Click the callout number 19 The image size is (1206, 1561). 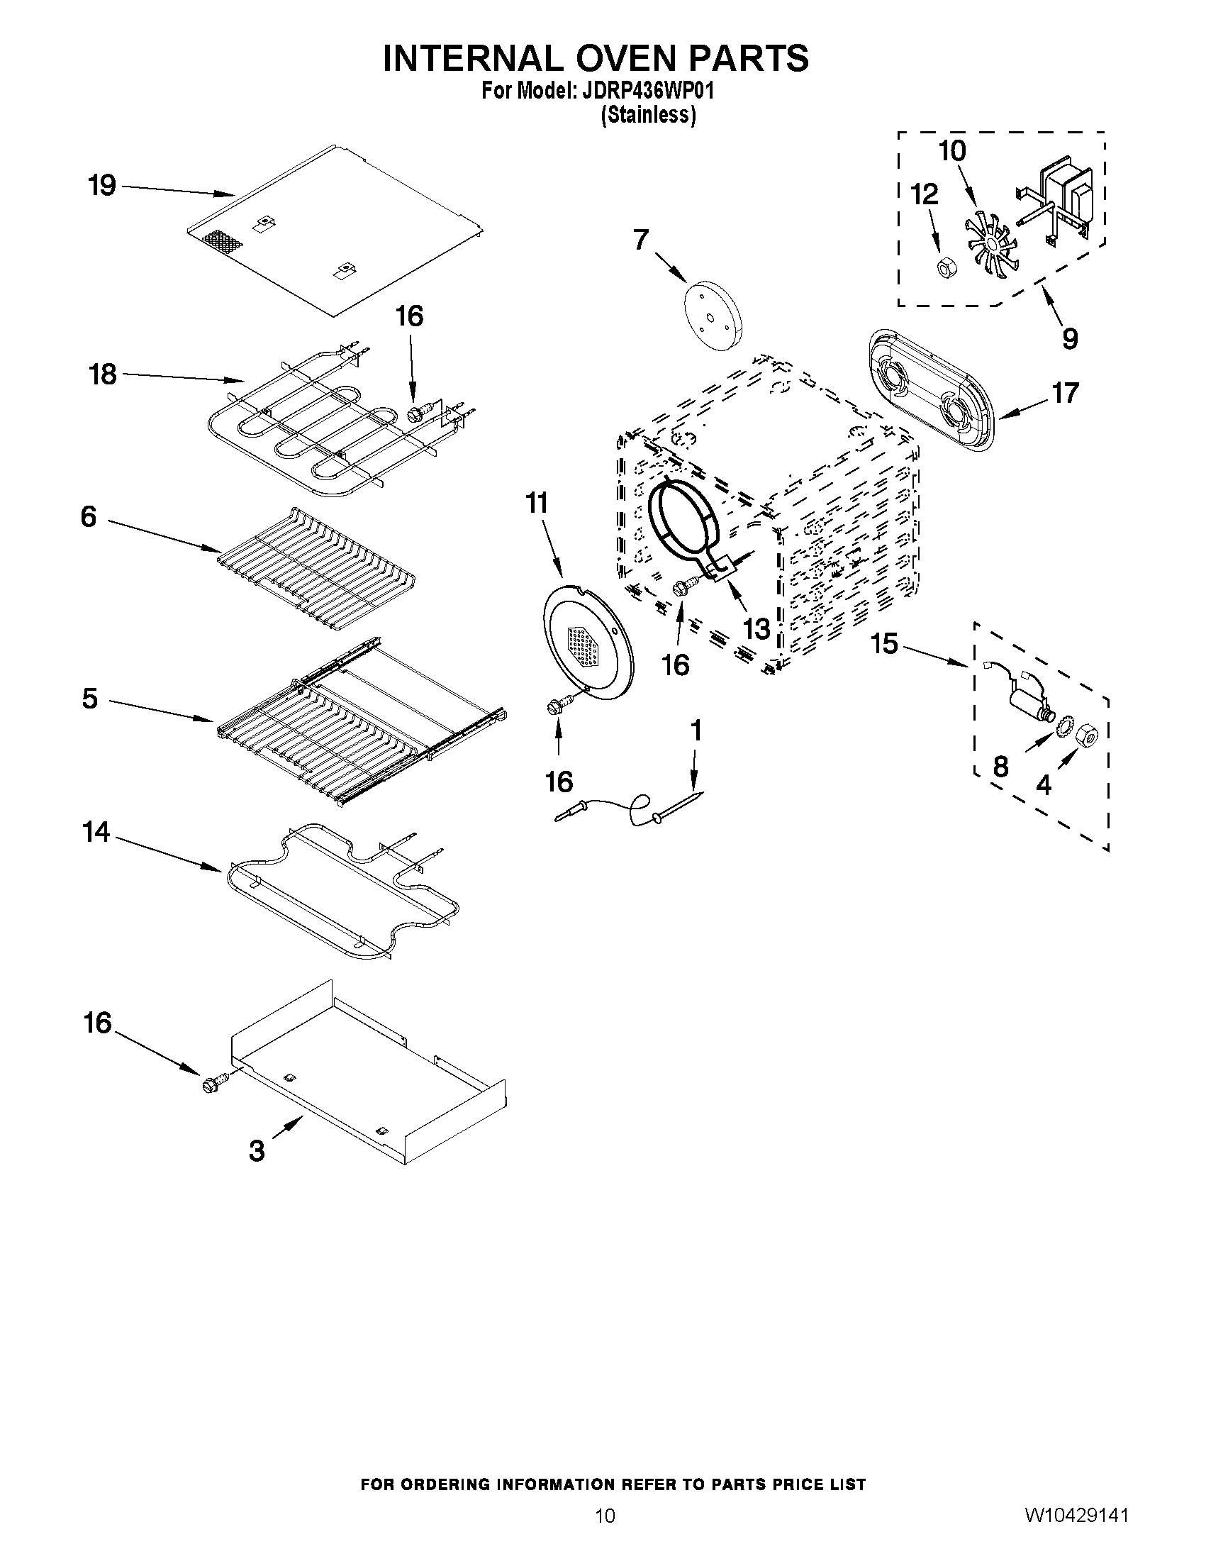102,186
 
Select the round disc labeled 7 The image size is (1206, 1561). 713,315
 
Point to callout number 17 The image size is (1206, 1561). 1065,393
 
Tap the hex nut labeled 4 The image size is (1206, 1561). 1085,733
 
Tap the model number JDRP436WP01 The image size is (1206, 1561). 647,91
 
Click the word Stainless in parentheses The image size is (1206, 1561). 648,114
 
